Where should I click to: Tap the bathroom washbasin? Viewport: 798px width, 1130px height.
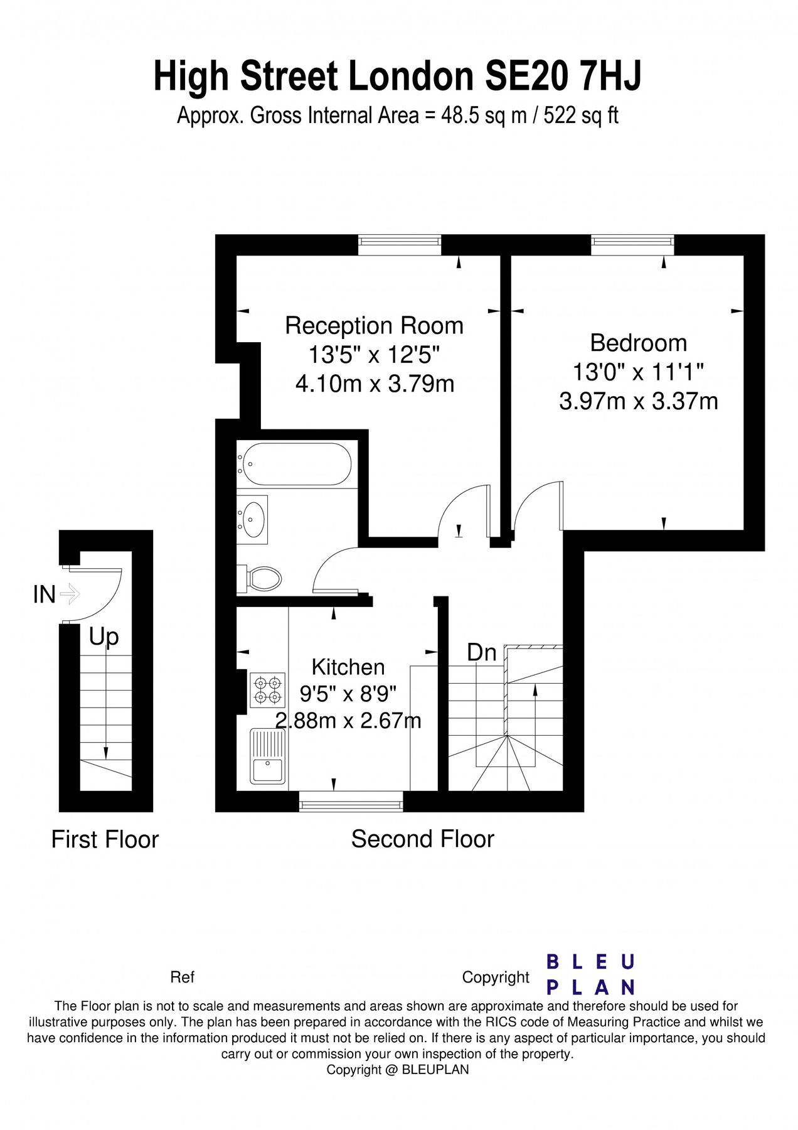pyautogui.click(x=254, y=519)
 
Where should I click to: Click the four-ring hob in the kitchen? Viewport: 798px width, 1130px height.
pyautogui.click(x=267, y=689)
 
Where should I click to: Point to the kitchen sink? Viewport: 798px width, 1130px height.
pyautogui.click(x=268, y=756)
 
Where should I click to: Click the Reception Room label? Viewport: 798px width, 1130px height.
pyautogui.click(x=374, y=326)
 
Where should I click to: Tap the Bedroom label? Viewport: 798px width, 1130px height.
pyautogui.click(x=638, y=343)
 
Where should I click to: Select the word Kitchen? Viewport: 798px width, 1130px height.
pyautogui.click(x=348, y=667)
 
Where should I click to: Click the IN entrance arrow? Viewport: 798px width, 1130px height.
pyautogui.click(x=69, y=593)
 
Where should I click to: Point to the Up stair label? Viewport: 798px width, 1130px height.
pyautogui.click(x=104, y=637)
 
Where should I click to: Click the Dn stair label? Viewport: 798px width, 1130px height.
pyautogui.click(x=481, y=652)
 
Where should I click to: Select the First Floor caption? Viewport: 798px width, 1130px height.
pyautogui.click(x=105, y=839)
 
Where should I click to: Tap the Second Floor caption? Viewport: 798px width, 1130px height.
pyautogui.click(x=422, y=839)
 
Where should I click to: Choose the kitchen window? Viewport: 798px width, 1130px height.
pyautogui.click(x=351, y=802)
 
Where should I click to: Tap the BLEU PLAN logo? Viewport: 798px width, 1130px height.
pyautogui.click(x=590, y=974)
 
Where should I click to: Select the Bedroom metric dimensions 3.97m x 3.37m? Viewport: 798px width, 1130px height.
pyautogui.click(x=638, y=401)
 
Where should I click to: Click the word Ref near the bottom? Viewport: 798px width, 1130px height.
pyautogui.click(x=182, y=977)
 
